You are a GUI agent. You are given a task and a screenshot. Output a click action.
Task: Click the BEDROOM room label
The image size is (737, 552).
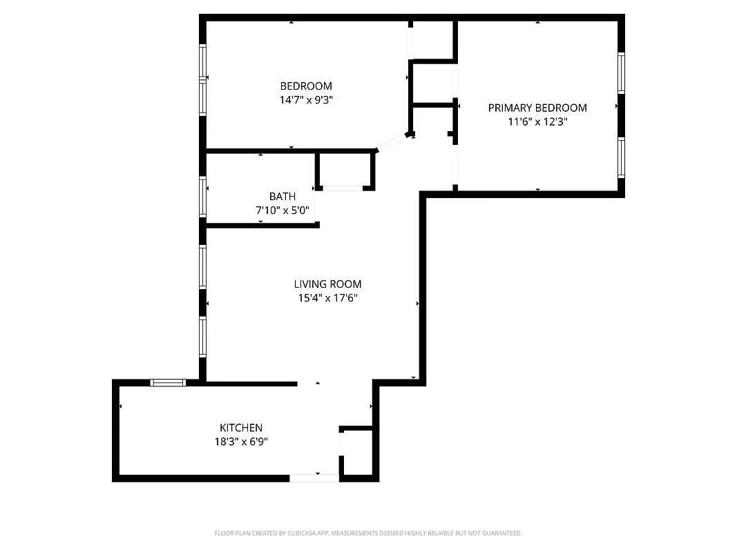tap(305, 86)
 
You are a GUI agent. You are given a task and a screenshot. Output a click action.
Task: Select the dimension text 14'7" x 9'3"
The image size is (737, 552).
tap(305, 99)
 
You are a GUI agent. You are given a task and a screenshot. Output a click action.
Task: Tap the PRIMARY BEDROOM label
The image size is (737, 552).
tap(537, 108)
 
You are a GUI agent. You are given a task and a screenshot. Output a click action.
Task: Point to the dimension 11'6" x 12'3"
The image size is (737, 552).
tap(537, 121)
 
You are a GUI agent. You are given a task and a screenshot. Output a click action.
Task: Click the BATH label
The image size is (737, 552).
tap(283, 197)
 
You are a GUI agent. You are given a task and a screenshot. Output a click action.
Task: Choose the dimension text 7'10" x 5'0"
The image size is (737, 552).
tap(283, 210)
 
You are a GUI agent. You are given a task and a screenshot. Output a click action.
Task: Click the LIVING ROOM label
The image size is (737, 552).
tap(327, 284)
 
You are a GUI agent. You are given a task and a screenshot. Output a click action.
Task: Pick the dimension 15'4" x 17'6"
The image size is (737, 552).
tap(327, 298)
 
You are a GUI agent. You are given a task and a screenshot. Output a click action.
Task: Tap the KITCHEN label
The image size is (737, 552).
tap(240, 428)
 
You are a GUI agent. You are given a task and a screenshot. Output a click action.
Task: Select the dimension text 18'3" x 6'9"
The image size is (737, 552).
tap(240, 442)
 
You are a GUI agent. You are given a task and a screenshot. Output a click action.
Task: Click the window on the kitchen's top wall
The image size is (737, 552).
tap(168, 382)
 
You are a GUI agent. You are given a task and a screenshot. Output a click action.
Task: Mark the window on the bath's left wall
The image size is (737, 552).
tap(203, 197)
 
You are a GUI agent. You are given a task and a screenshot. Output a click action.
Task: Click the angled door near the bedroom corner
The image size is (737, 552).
tap(391, 143)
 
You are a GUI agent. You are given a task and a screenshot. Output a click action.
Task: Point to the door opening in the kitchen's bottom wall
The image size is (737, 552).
tap(314, 477)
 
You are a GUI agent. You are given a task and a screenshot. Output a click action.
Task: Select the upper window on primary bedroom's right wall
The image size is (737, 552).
tap(621, 72)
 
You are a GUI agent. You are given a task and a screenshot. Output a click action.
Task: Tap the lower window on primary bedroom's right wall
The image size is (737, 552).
tap(621, 158)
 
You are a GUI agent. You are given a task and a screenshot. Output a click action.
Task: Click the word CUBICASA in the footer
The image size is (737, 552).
tap(298, 533)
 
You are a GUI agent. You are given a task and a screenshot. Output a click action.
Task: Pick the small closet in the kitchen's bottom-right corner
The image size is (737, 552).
tap(358, 452)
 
